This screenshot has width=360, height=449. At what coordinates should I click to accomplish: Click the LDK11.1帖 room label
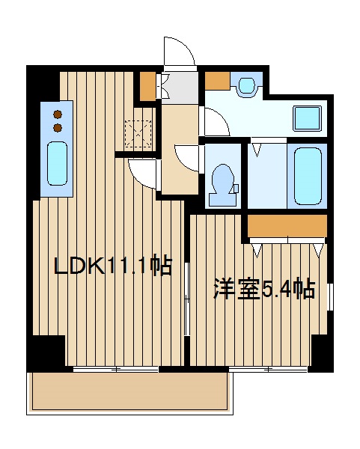(x=113, y=266)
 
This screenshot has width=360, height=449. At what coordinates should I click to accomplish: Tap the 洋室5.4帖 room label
(x=263, y=289)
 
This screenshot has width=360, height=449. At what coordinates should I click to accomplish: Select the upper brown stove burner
(x=58, y=114)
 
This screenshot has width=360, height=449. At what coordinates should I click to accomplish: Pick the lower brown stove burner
(x=58, y=127)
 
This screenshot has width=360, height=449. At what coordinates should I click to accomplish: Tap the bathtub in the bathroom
(x=306, y=177)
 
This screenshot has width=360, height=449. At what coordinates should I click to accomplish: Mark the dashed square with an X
(x=139, y=134)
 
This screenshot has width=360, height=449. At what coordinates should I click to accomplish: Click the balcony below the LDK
(x=127, y=392)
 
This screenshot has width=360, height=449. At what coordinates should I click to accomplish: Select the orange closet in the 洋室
(x=287, y=224)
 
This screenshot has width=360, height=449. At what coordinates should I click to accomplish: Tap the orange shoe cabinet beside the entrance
(x=148, y=86)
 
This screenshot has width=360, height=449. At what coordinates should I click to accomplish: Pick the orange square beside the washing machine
(x=217, y=80)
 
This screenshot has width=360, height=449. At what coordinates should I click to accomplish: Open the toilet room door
(x=189, y=156)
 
